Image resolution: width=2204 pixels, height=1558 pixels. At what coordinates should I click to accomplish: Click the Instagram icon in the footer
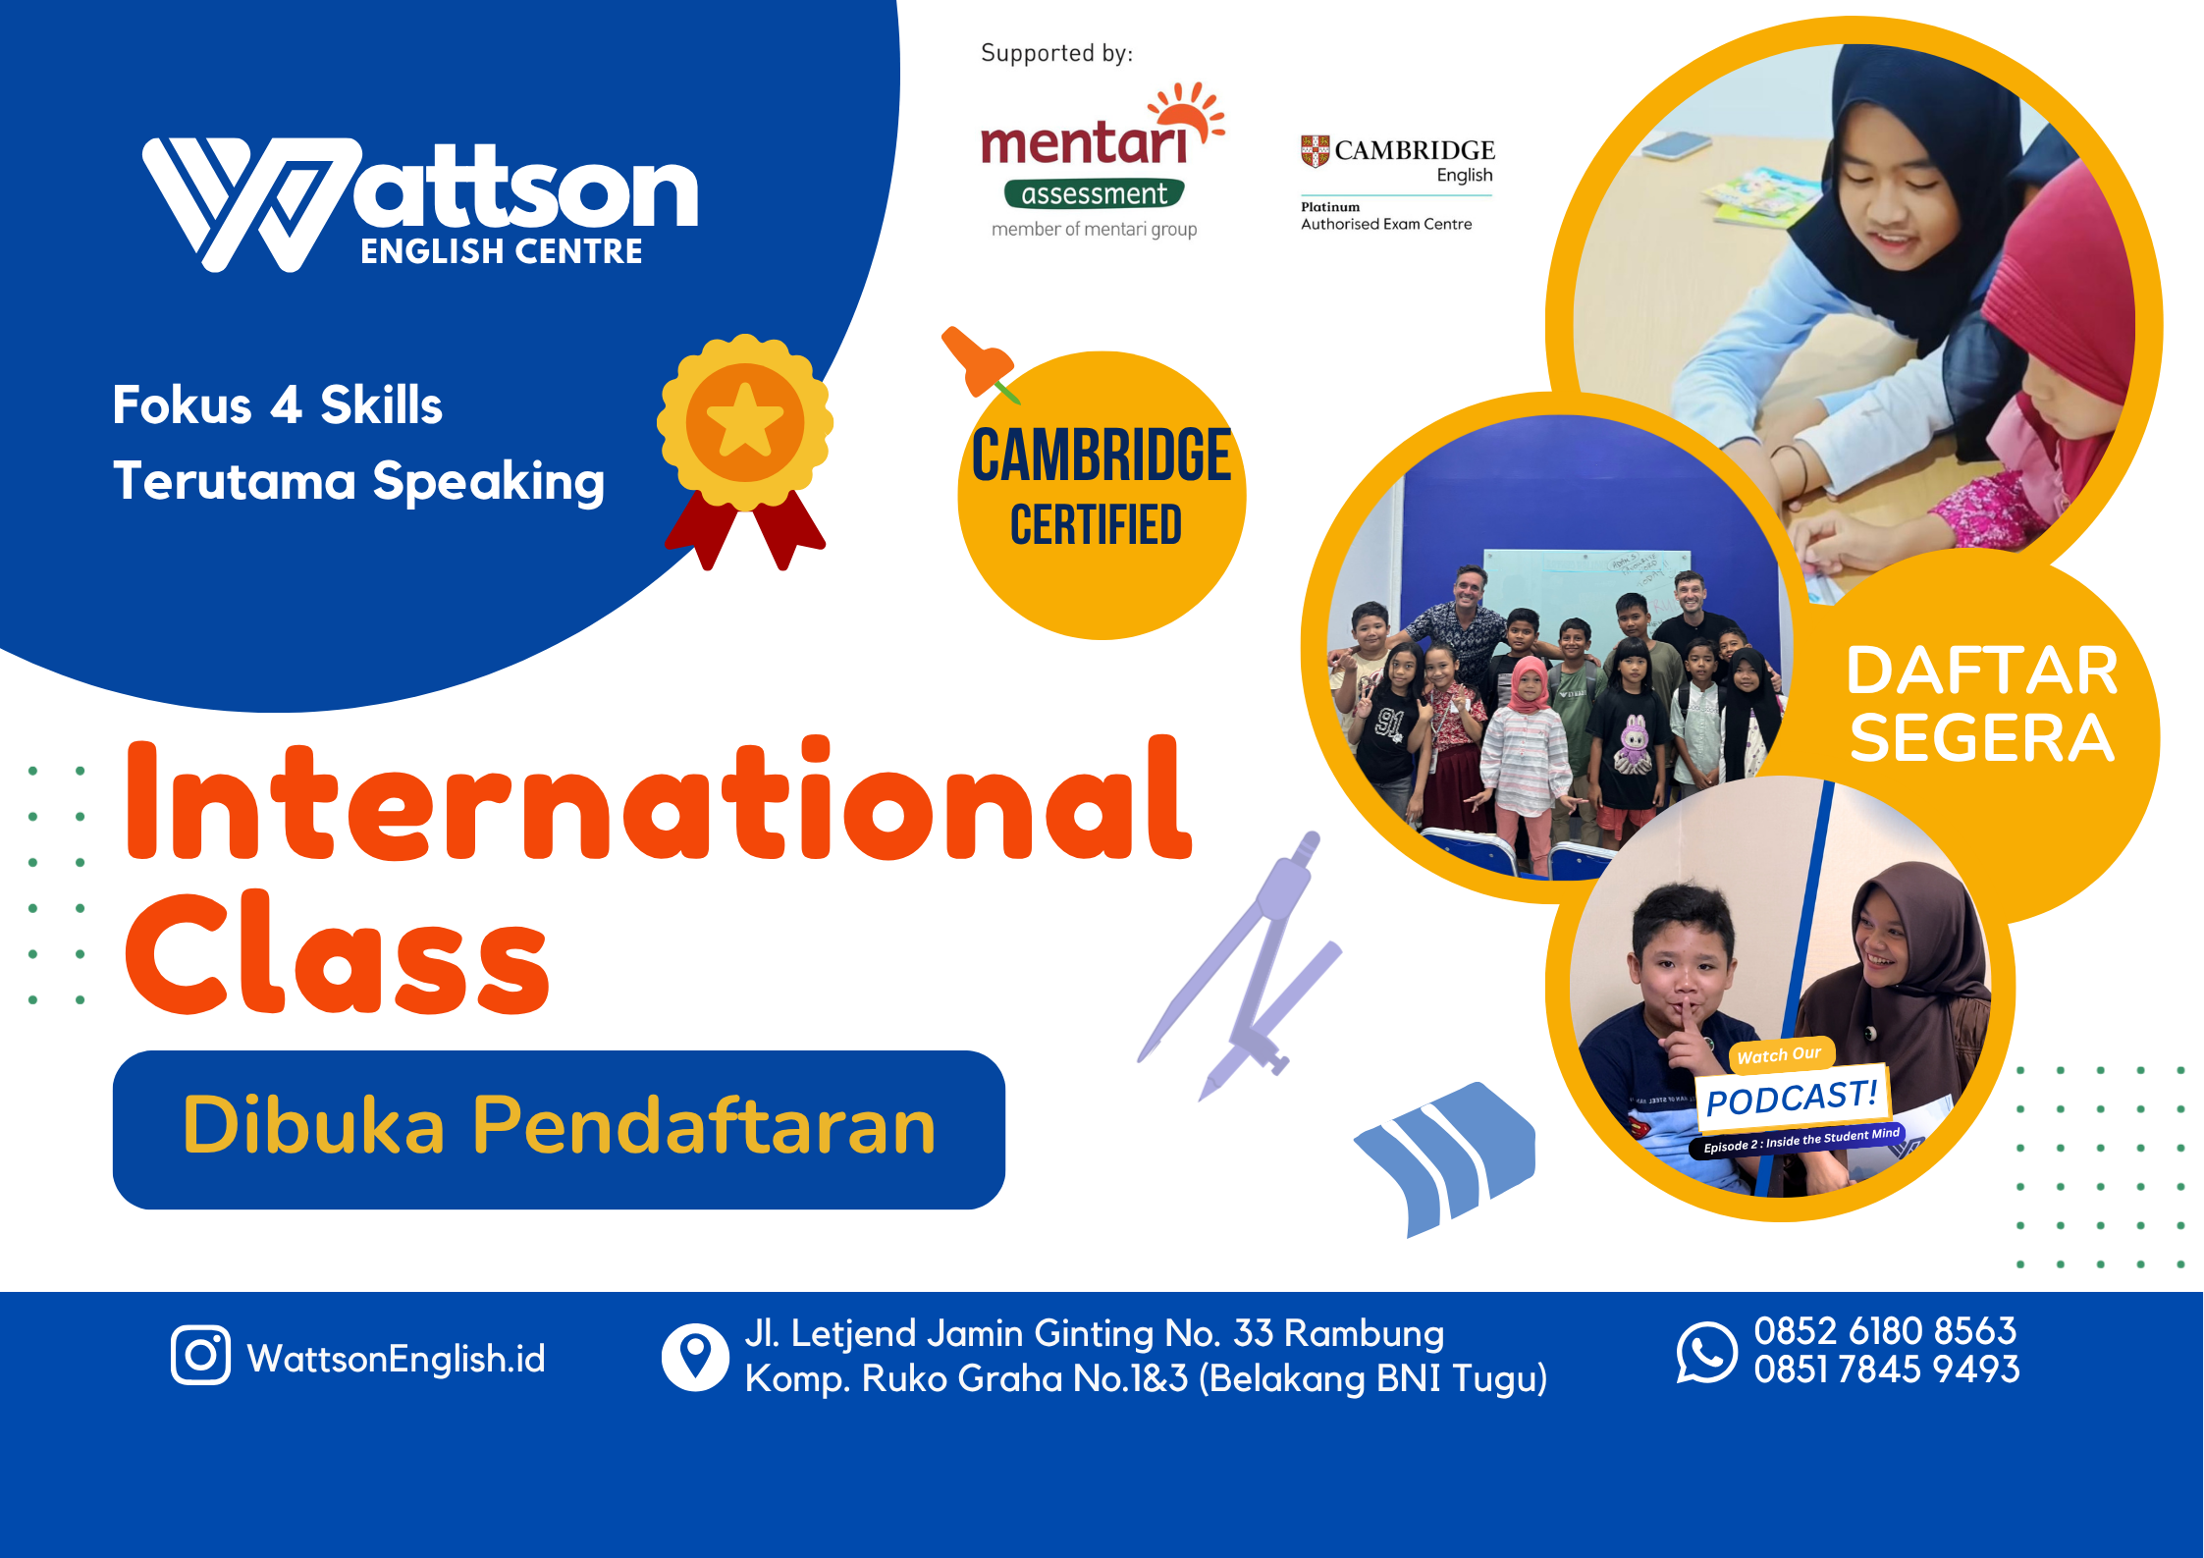tap(200, 1355)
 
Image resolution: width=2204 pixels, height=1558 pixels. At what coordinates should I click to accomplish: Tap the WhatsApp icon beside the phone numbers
tap(1706, 1352)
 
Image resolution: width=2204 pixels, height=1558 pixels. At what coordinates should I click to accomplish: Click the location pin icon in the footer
tap(695, 1357)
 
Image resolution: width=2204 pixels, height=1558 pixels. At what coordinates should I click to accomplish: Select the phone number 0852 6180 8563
tap(1885, 1331)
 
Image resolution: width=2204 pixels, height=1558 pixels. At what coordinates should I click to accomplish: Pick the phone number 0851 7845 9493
tap(1886, 1370)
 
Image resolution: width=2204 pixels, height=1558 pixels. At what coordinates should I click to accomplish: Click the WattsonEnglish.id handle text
tap(396, 1359)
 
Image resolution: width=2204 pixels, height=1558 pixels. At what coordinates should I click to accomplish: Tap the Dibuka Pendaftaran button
tap(559, 1129)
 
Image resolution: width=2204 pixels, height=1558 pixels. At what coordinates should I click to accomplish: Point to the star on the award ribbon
tap(744, 421)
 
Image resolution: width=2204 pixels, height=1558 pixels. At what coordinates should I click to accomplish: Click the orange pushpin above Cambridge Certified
tap(976, 362)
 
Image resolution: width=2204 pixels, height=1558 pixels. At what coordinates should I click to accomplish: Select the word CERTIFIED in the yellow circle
tap(1096, 525)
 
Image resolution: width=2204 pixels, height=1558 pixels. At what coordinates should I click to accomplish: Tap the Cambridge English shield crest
tap(1315, 151)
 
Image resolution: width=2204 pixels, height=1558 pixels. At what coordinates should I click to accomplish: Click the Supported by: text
tap(1056, 53)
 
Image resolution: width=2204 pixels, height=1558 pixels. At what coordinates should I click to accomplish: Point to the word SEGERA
tap(1981, 738)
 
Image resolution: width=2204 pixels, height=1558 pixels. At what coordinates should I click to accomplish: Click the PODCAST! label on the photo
tap(1792, 1098)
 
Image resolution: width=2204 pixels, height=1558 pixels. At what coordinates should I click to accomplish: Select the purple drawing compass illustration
tap(1245, 967)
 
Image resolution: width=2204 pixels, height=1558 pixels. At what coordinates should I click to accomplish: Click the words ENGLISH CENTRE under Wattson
tap(501, 252)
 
